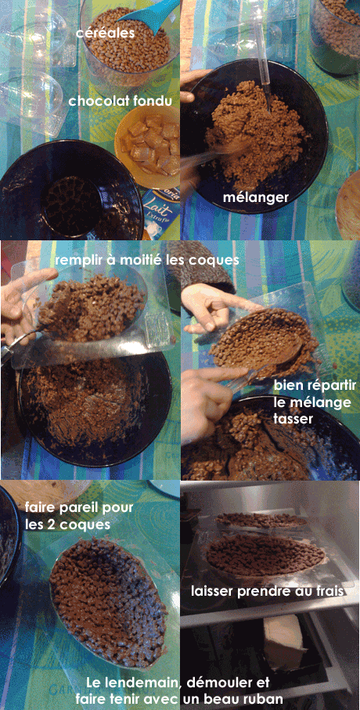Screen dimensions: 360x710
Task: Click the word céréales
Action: click(x=106, y=33)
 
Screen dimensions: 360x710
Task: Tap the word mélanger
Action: click(x=255, y=198)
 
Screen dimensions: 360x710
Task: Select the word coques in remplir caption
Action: click(x=218, y=261)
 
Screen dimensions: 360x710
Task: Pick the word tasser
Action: click(x=293, y=419)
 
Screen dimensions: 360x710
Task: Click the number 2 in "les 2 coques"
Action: click(x=52, y=524)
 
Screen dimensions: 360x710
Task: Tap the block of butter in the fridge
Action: click(x=284, y=642)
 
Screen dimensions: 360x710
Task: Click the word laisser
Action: click(x=210, y=591)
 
